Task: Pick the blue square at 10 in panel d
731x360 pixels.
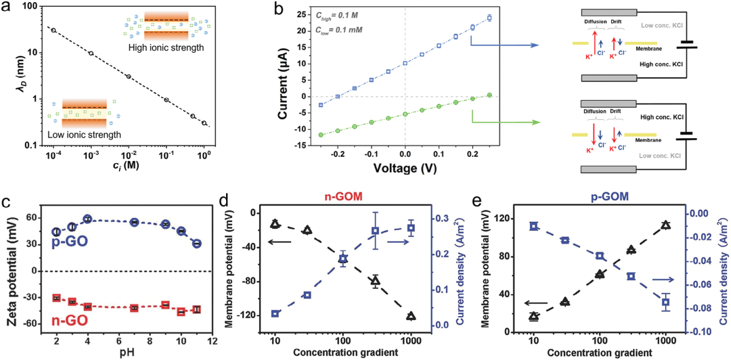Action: [275, 313]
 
